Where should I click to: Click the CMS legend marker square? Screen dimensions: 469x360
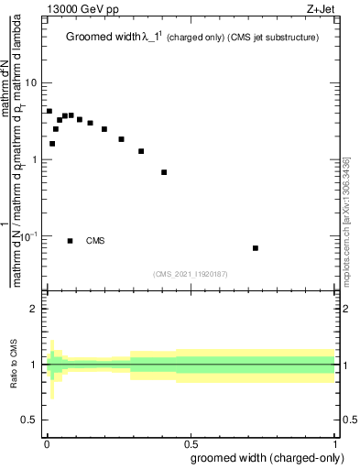pyautogui.click(x=71, y=241)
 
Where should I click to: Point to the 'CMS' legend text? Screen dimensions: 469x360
pyautogui.click(x=95, y=241)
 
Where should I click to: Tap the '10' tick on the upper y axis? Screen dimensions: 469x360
pyautogui.click(x=31, y=82)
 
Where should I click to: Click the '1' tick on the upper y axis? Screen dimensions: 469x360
pyautogui.click(x=34, y=159)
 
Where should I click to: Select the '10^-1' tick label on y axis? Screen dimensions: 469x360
pyautogui.click(x=27, y=236)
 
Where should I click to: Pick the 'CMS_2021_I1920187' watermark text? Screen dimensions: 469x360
pyautogui.click(x=190, y=273)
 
